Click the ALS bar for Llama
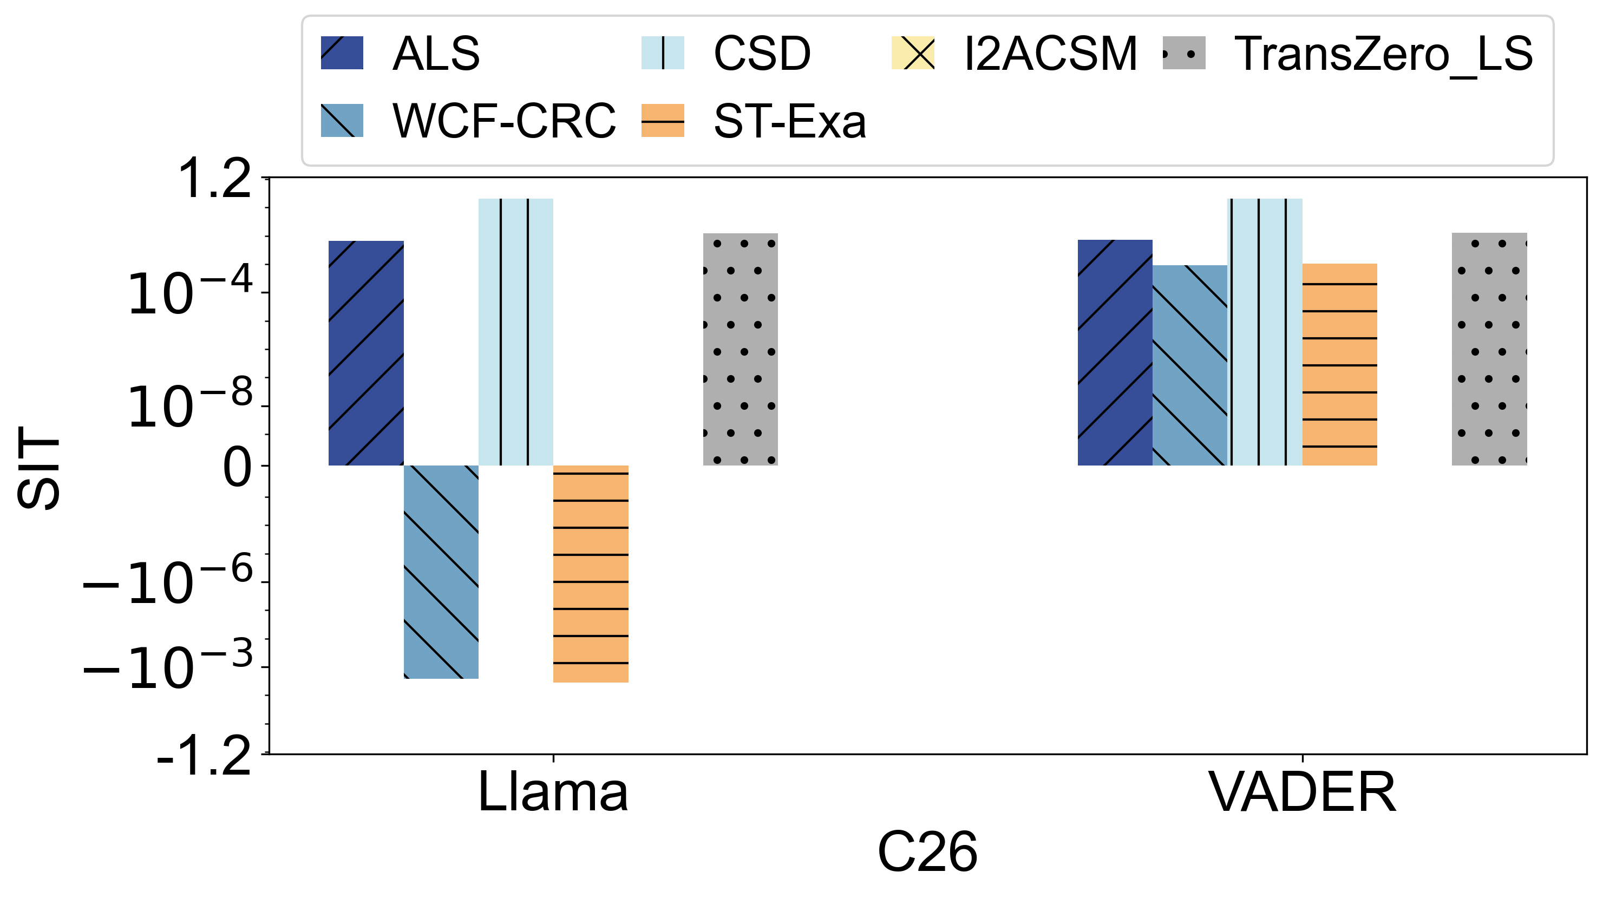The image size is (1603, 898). point(366,353)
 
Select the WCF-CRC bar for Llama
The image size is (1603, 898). point(441,571)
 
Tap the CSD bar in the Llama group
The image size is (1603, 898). point(515,332)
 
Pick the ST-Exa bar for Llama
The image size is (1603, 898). point(591,574)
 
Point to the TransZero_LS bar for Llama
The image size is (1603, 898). point(740,349)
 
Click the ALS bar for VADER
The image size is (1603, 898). point(1115,352)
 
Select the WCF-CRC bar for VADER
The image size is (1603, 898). point(1189,365)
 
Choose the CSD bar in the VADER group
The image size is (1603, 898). point(1265,332)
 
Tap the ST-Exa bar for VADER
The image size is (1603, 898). point(1339,364)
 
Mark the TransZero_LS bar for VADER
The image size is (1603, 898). point(1489,349)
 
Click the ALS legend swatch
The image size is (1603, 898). point(342,53)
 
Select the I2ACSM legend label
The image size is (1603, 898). point(1050,54)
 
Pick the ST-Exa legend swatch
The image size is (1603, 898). point(663,120)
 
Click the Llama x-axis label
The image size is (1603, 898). point(553,792)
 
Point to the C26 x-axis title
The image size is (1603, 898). point(927,853)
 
